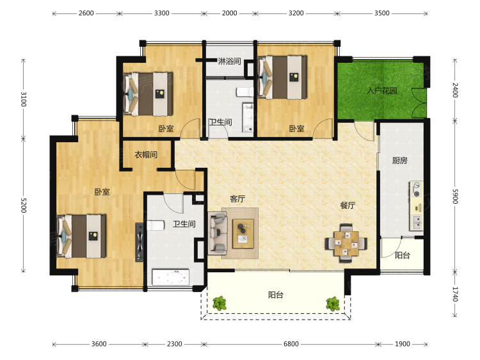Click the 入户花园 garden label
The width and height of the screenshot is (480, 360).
(382, 91)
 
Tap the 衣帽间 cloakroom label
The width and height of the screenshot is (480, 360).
(146, 155)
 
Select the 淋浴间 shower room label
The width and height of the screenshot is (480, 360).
(229, 61)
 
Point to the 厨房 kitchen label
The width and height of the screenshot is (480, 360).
(400, 160)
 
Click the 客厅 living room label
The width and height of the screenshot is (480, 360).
(237, 199)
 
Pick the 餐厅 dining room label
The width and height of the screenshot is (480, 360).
(348, 205)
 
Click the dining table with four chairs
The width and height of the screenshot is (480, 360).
(346, 243)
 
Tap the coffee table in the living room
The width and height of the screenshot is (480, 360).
(243, 234)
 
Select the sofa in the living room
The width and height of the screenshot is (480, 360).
(218, 233)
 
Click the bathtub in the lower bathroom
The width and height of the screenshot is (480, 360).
(170, 277)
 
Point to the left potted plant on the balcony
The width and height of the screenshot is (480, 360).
(220, 304)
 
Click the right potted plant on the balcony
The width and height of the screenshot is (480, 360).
(333, 304)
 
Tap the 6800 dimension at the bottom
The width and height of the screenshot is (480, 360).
(291, 344)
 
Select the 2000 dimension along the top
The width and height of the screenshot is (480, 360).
(230, 13)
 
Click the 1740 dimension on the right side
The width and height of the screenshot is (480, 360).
(455, 294)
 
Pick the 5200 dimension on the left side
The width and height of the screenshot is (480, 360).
(24, 205)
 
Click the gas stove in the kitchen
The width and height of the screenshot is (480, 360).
(417, 190)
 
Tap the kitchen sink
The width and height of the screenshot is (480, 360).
(417, 222)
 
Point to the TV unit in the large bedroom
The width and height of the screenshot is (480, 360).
(140, 242)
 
